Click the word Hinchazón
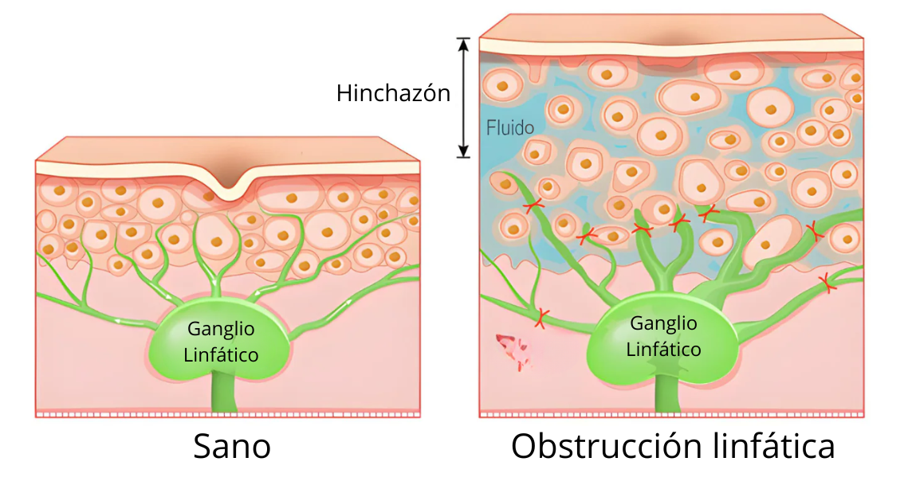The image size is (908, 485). [393, 93]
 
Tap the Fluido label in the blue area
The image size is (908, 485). [510, 127]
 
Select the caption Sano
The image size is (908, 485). [232, 447]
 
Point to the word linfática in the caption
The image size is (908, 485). [772, 446]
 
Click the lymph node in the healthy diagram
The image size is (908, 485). [220, 342]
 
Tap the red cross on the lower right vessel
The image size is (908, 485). [827, 281]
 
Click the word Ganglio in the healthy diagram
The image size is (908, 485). [221, 329]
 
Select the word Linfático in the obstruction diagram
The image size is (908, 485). [663, 349]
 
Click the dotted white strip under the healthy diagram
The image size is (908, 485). [228, 414]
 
